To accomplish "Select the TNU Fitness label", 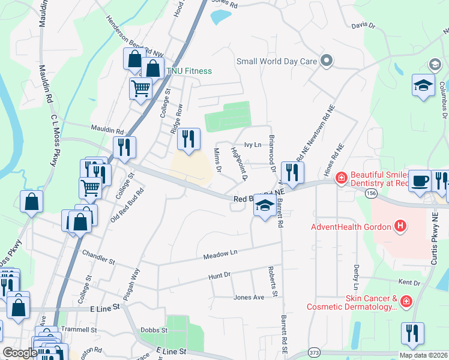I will [189, 71].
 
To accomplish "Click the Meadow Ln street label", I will [220, 254].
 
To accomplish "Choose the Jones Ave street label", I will [249, 297].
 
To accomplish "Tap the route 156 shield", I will [370, 192].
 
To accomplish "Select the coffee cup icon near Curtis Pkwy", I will [420, 181].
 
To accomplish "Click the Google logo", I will [20, 353].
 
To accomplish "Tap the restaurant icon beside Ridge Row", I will [188, 139].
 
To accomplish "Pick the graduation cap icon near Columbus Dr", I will [423, 85].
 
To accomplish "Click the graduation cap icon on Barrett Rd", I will [264, 206].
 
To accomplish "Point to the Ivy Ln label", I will [253, 145].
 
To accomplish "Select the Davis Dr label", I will [363, 26].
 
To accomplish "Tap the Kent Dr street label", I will [409, 281].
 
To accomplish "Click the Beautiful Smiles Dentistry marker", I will [341, 177].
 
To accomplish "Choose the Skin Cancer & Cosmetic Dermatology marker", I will [406, 300].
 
